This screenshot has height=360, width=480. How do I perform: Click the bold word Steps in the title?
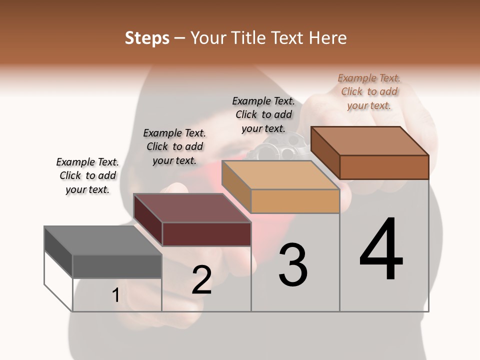click(147, 38)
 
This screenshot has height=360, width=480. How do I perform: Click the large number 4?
click(381, 250)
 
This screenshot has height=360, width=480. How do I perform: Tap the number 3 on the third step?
click(293, 265)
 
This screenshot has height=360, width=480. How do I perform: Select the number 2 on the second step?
click(202, 280)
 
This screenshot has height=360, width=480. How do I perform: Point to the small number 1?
click(116, 295)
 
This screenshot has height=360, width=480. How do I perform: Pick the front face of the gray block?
click(117, 266)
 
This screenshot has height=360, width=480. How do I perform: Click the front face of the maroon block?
click(206, 234)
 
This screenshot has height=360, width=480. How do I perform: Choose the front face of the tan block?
click(295, 201)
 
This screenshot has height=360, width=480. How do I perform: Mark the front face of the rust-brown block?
click(384, 167)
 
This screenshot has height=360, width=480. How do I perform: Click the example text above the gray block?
click(87, 175)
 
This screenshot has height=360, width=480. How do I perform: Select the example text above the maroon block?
click(174, 146)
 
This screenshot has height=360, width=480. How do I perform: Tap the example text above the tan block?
click(263, 114)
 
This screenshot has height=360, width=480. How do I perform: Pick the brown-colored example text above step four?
click(369, 91)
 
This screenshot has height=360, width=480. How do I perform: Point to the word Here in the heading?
click(329, 38)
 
